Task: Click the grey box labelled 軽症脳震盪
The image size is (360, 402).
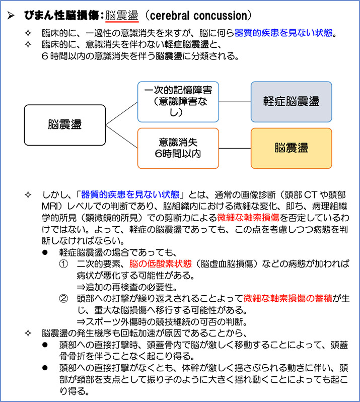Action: tap(291, 101)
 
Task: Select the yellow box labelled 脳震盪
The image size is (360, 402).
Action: tap(291, 148)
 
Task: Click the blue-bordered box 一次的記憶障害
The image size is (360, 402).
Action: tap(178, 101)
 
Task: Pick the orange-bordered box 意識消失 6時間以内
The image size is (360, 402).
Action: tap(178, 148)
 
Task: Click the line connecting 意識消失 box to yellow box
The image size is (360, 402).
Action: tap(235, 148)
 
